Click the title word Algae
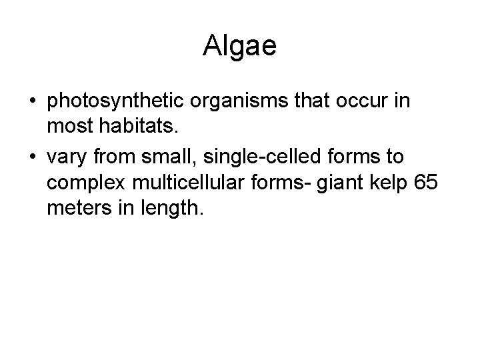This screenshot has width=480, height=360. click(239, 46)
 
